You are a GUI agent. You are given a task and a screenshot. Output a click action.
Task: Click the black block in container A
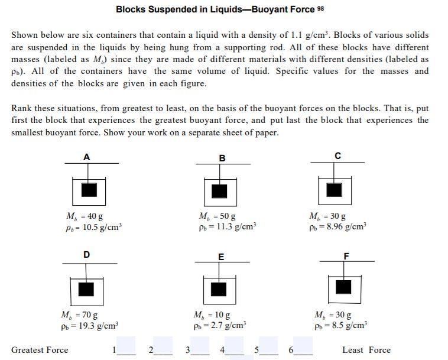coord(89,189)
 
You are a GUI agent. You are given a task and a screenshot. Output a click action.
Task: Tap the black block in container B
coord(219,190)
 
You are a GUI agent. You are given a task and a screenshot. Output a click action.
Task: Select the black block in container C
coord(334,189)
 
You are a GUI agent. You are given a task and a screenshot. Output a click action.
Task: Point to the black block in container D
coord(87,288)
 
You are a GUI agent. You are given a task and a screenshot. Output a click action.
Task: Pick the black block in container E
coord(219,288)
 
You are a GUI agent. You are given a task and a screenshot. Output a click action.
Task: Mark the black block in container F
coord(343,287)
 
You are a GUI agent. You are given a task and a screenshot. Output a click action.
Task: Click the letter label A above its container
coord(87,157)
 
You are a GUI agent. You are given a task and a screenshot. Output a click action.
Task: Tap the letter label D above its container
coord(87,255)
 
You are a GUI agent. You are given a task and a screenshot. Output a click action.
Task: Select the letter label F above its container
coord(346,255)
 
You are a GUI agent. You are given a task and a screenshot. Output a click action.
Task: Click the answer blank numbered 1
coord(126,346)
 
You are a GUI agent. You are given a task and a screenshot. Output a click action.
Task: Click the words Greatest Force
coord(40,350)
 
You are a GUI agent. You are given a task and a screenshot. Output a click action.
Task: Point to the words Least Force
coord(366,350)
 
